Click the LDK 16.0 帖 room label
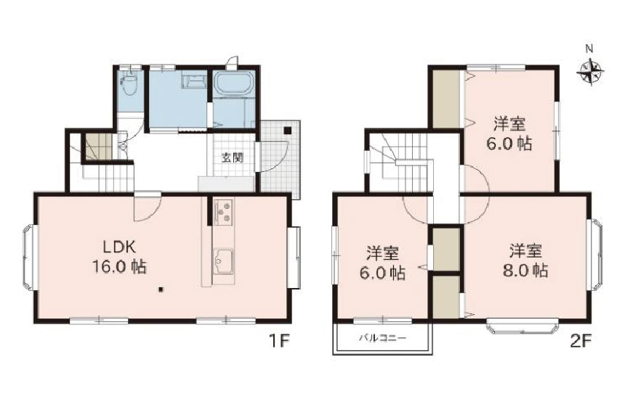click(x=120, y=257)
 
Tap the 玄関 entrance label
click(x=233, y=157)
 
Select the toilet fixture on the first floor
click(x=129, y=83)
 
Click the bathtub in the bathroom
click(x=234, y=84)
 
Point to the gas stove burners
click(x=224, y=211)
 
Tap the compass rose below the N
click(x=590, y=72)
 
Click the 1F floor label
click(x=278, y=341)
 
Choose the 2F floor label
click(x=581, y=341)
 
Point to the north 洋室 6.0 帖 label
click(x=509, y=133)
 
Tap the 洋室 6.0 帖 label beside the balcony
click(x=382, y=263)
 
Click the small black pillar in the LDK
click(x=161, y=289)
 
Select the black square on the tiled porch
click(x=287, y=130)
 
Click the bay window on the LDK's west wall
click(x=28, y=258)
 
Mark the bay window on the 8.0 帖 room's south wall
click(x=522, y=326)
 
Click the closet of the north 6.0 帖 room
click(x=446, y=98)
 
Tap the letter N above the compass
click(x=589, y=49)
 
